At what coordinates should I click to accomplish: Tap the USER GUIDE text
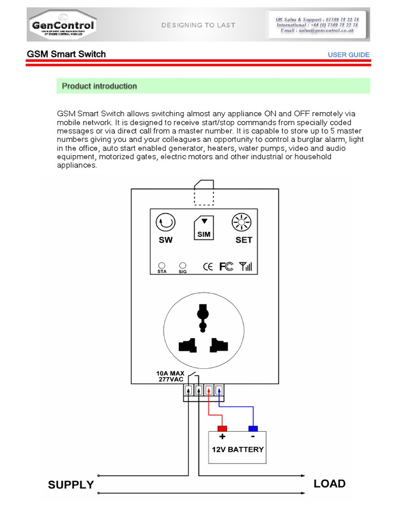pyautogui.click(x=349, y=55)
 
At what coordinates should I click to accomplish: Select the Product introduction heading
pyautogui.click(x=99, y=86)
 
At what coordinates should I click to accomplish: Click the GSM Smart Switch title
pyautogui.click(x=66, y=54)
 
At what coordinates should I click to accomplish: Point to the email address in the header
pyautogui.click(x=317, y=31)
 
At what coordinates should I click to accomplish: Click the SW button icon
pyautogui.click(x=165, y=223)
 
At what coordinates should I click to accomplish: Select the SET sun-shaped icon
pyautogui.click(x=241, y=223)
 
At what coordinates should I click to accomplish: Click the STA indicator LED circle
pyautogui.click(x=162, y=265)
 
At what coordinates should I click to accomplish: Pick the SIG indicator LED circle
pyautogui.click(x=183, y=265)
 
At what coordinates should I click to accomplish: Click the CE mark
pyautogui.click(x=207, y=267)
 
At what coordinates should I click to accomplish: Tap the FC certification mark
pyautogui.click(x=226, y=267)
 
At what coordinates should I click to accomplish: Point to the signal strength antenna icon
pyautogui.click(x=246, y=267)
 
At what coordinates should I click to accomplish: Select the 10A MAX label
pyautogui.click(x=170, y=373)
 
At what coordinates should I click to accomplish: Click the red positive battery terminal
pyautogui.click(x=222, y=429)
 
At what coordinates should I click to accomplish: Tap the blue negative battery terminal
pyautogui.click(x=253, y=429)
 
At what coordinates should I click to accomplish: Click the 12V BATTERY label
pyautogui.click(x=238, y=449)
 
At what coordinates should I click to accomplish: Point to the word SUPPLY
pyautogui.click(x=71, y=485)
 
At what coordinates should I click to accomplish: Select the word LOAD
pyautogui.click(x=329, y=484)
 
